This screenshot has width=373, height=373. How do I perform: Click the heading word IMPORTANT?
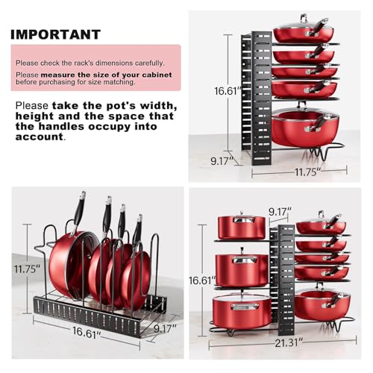[55, 34]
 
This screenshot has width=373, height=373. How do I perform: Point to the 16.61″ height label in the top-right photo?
[228, 91]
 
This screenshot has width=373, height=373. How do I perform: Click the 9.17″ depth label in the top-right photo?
[223, 161]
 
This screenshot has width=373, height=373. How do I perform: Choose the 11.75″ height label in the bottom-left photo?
[27, 269]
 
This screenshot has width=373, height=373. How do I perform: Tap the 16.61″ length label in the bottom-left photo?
[87, 333]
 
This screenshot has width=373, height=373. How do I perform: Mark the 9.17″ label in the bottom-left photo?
[165, 328]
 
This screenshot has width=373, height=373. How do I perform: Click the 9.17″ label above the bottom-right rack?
[280, 212]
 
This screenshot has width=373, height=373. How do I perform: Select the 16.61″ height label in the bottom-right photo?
[202, 280]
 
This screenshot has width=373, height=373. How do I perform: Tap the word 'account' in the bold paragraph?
[40, 137]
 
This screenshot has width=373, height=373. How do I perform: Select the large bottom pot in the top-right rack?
[305, 128]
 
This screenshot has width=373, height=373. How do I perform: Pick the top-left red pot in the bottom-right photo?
[242, 227]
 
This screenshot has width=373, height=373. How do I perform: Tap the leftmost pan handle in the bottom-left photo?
[79, 213]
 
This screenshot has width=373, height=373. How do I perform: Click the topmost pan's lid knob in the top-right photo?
[303, 18]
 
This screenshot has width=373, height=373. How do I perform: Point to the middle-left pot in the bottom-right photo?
[242, 270]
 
